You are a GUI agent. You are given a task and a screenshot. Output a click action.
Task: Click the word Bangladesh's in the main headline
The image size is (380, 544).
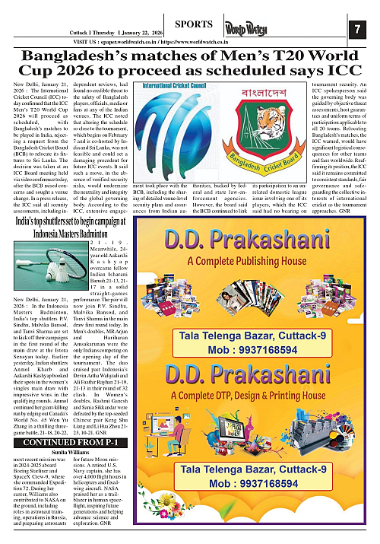pyautogui.click(x=83, y=56)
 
